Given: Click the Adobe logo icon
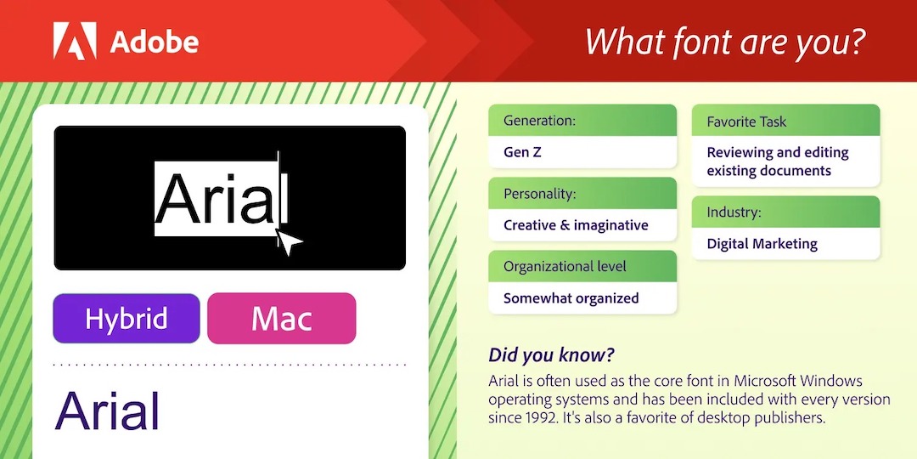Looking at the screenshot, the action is coord(75,41).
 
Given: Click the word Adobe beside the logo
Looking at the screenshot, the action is coord(154,42).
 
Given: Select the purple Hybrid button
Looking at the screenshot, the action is coord(127,319).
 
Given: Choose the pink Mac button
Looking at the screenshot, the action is coord(281,319).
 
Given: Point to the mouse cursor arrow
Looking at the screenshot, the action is coord(288,242).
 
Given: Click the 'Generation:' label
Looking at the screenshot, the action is coord(540,122).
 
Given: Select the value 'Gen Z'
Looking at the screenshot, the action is coord(522,152).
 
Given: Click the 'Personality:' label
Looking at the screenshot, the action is coord(540,194).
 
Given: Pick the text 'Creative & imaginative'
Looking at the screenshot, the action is coord(576,224).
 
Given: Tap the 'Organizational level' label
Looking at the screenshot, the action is coord(565,266).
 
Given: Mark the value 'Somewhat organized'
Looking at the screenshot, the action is coord(571,298).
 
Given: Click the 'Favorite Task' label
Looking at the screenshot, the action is coord(747,122).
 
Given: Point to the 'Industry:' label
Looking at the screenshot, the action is coord(734,212).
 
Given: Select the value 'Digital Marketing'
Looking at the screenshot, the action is coord(762,244).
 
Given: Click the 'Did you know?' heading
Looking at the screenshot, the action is coord(552,354).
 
